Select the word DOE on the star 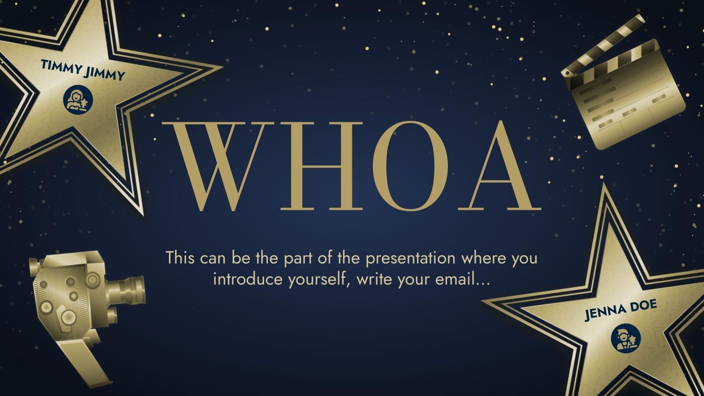pos(642,304)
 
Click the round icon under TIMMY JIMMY pos(78,98)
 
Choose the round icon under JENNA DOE pos(626,338)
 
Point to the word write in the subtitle pos(374,279)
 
